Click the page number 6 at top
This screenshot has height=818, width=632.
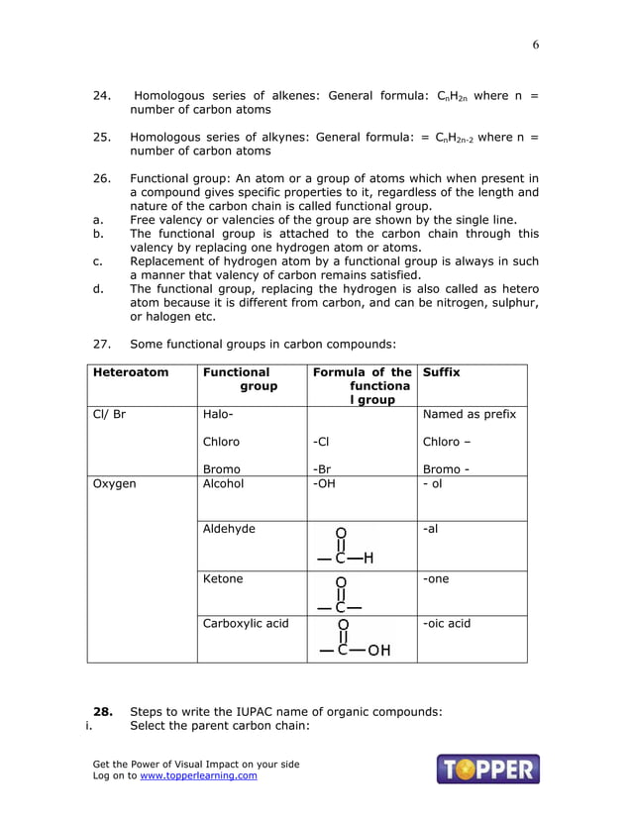click(536, 45)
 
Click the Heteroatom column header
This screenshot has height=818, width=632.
click(130, 372)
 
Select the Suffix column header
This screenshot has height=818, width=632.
click(441, 372)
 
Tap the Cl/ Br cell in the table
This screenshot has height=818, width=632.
click(109, 414)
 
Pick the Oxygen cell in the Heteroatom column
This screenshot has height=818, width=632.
click(114, 484)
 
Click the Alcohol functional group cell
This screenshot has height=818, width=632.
click(223, 484)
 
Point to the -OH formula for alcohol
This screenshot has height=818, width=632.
click(323, 484)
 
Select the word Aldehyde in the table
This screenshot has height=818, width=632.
click(229, 529)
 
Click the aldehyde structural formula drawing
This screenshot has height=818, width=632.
click(346, 546)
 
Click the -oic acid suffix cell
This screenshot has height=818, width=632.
click(447, 624)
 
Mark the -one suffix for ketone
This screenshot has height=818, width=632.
click(436, 579)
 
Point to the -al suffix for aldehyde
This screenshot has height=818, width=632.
click(430, 529)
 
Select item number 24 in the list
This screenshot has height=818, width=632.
click(101, 96)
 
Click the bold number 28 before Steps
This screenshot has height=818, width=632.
click(102, 712)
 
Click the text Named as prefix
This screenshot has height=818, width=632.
click(469, 414)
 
